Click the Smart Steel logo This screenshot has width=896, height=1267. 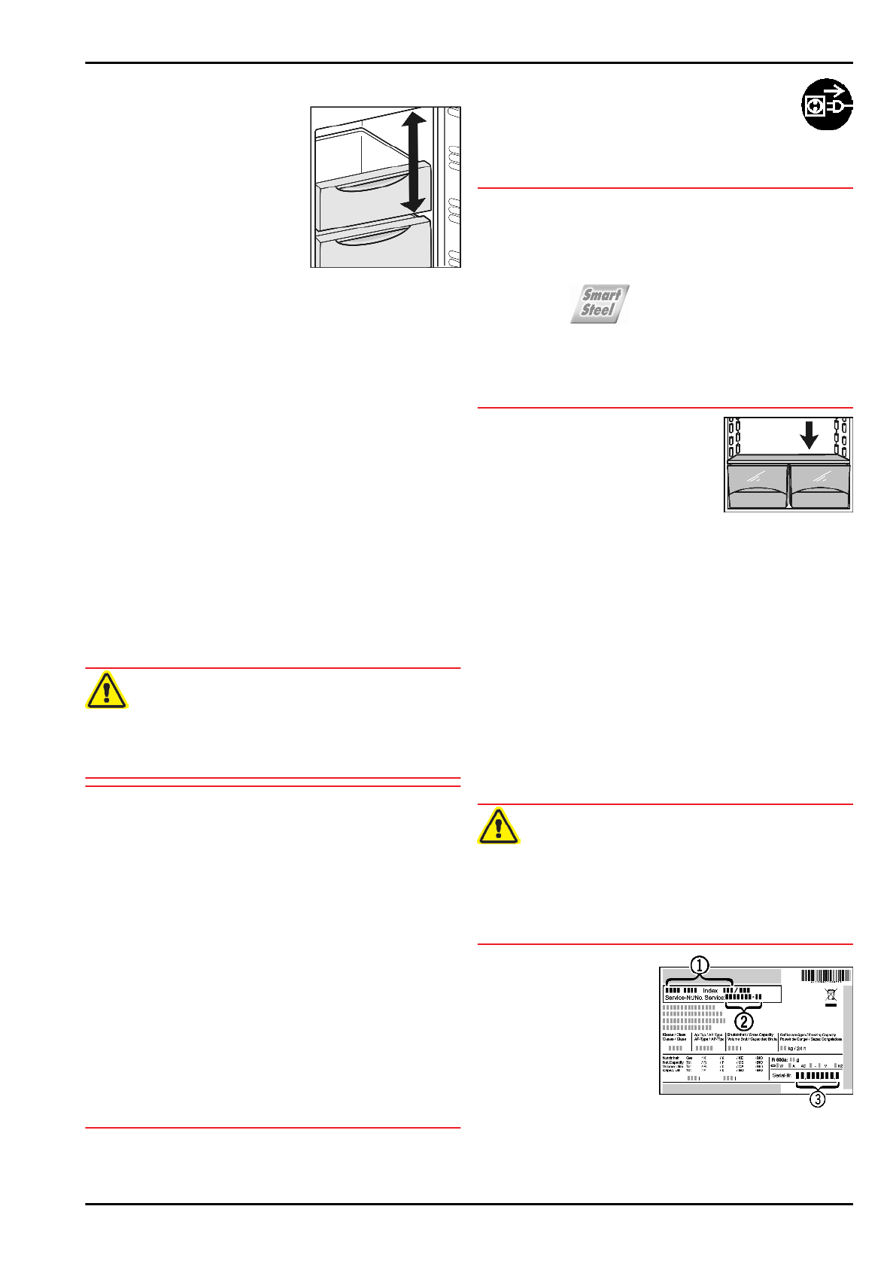[600, 303]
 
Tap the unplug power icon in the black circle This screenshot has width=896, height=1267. [827, 105]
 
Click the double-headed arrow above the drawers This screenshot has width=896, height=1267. [413, 161]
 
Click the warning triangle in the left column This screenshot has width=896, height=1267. [106, 691]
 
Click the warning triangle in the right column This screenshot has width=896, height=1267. [498, 826]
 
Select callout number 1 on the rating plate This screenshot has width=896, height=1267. [700, 965]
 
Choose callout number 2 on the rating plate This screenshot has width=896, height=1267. [743, 1021]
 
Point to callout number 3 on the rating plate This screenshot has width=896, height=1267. [817, 1099]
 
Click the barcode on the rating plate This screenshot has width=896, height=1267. [826, 977]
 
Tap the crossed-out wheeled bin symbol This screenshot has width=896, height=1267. [831, 998]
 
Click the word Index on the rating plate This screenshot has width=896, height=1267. [710, 991]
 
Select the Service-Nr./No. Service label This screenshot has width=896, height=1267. [694, 998]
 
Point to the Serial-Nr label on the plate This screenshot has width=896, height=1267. [782, 1076]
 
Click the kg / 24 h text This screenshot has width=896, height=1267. [797, 1048]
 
